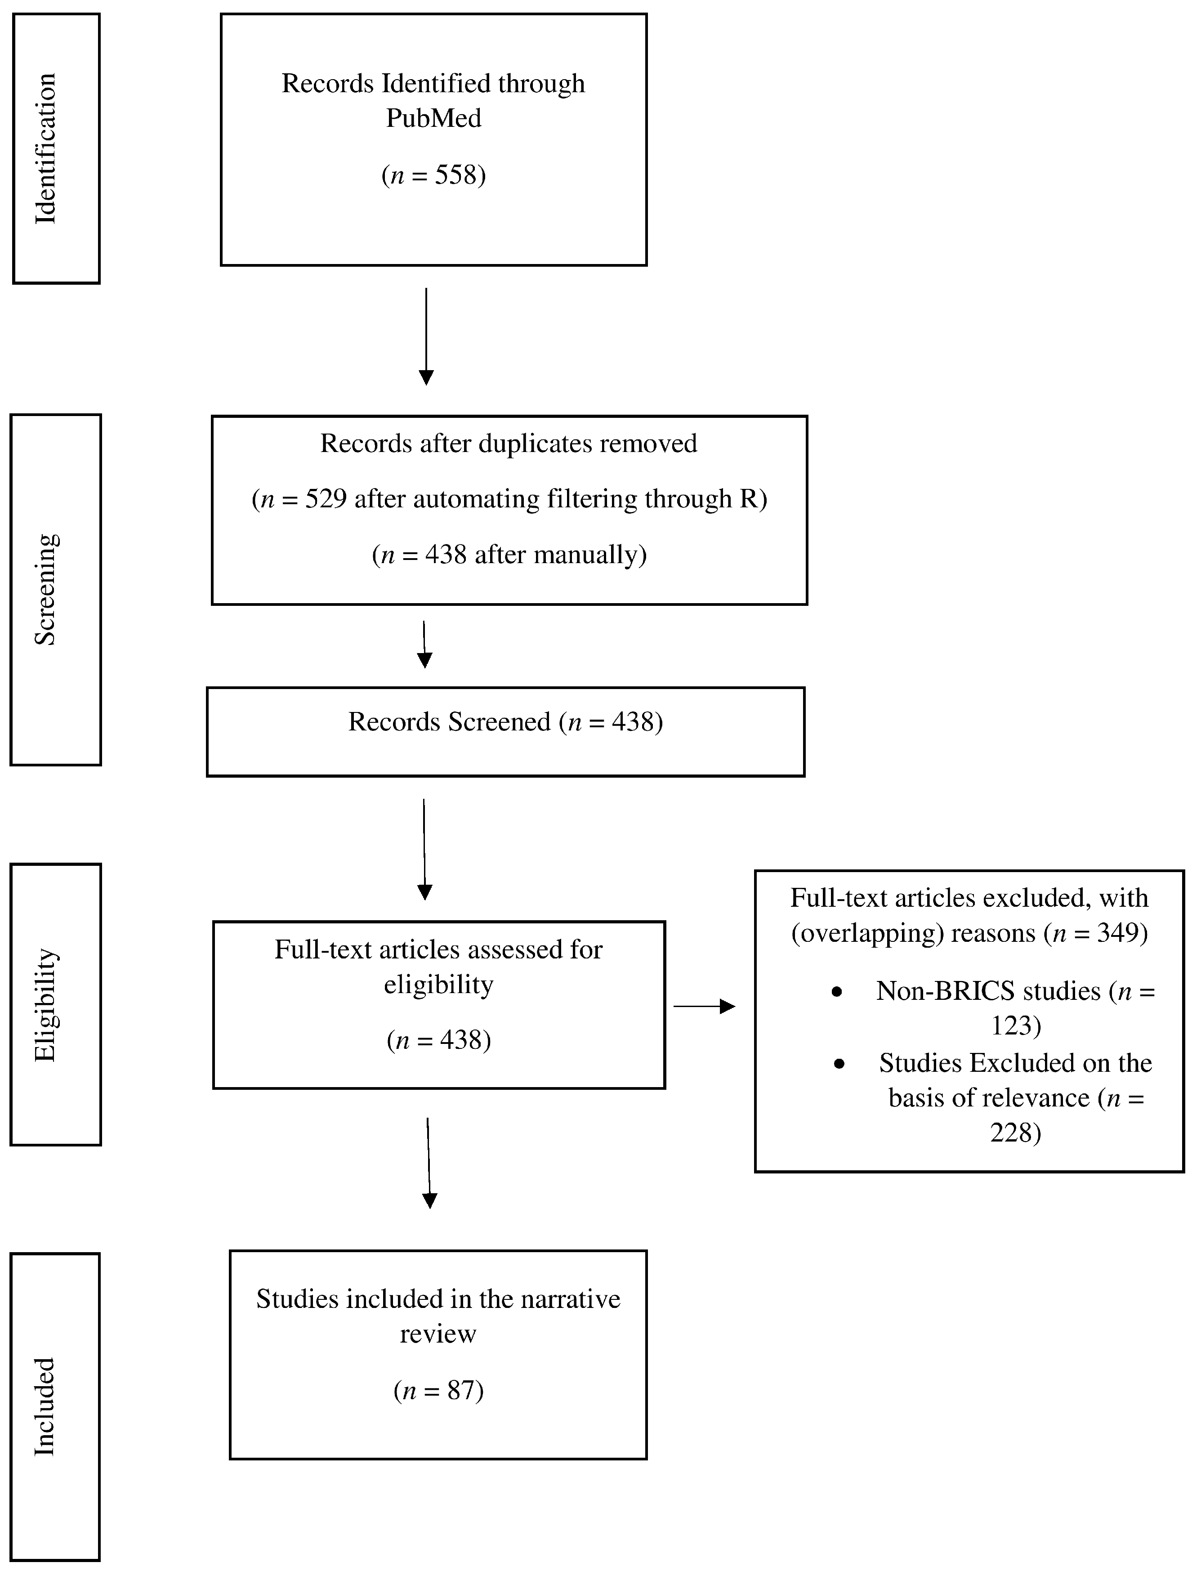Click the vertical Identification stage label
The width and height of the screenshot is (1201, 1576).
pos(45,149)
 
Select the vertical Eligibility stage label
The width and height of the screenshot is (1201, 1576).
pos(45,1005)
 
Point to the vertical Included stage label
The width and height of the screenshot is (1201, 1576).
pos(45,1406)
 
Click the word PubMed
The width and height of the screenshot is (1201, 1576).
pos(433,118)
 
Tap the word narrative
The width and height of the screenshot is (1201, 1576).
pos(570,1298)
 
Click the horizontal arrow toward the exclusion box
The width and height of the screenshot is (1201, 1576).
pos(704,1007)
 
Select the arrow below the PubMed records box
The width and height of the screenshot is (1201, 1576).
pos(426,336)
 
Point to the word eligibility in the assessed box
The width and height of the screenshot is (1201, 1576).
pos(438,985)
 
